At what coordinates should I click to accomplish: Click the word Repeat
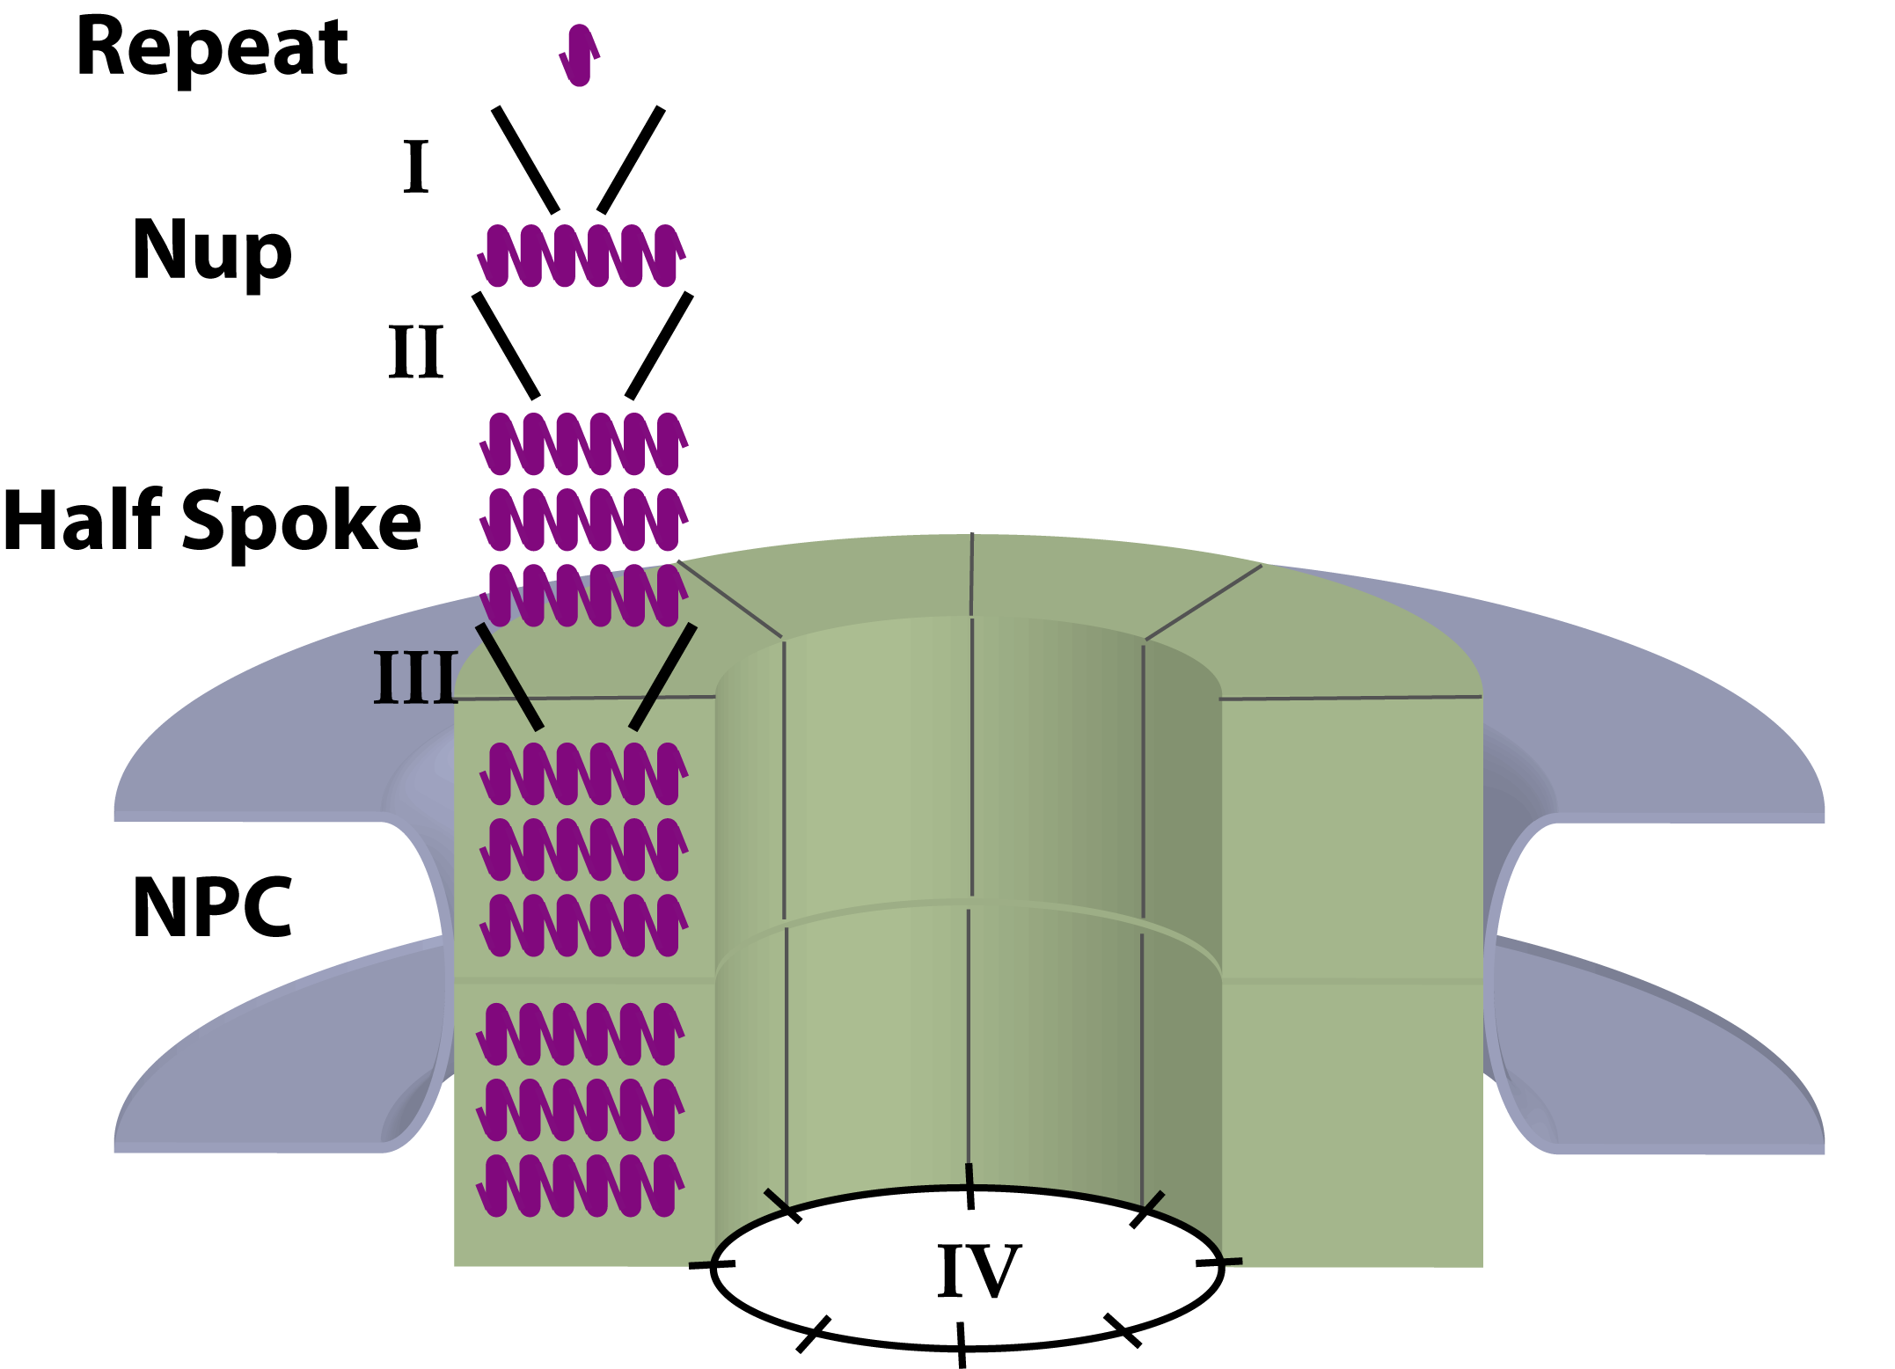[x=212, y=49]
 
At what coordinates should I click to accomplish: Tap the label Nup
[x=211, y=253]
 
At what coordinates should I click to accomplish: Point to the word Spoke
[x=302, y=523]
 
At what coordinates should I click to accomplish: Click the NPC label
[x=211, y=907]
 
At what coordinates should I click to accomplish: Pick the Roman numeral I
[x=416, y=166]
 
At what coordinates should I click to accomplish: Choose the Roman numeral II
[x=416, y=352]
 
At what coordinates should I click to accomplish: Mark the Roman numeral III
[x=416, y=677]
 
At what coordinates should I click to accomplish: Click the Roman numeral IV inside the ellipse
[x=978, y=1271]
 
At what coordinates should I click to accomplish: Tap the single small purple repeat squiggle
[x=579, y=55]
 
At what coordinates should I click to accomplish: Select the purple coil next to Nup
[x=581, y=255]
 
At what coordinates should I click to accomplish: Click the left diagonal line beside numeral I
[x=525, y=160]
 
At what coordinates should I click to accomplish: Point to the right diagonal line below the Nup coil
[x=659, y=346]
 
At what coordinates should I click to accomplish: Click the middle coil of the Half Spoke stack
[x=583, y=519]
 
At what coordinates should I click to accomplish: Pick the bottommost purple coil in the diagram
[x=580, y=1185]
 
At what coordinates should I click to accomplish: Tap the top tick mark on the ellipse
[x=969, y=1186]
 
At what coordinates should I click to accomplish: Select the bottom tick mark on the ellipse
[x=961, y=1344]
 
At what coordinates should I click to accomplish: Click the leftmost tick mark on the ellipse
[x=712, y=1264]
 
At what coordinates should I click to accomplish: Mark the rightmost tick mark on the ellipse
[x=1219, y=1263]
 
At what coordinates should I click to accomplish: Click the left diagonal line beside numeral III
[x=510, y=677]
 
